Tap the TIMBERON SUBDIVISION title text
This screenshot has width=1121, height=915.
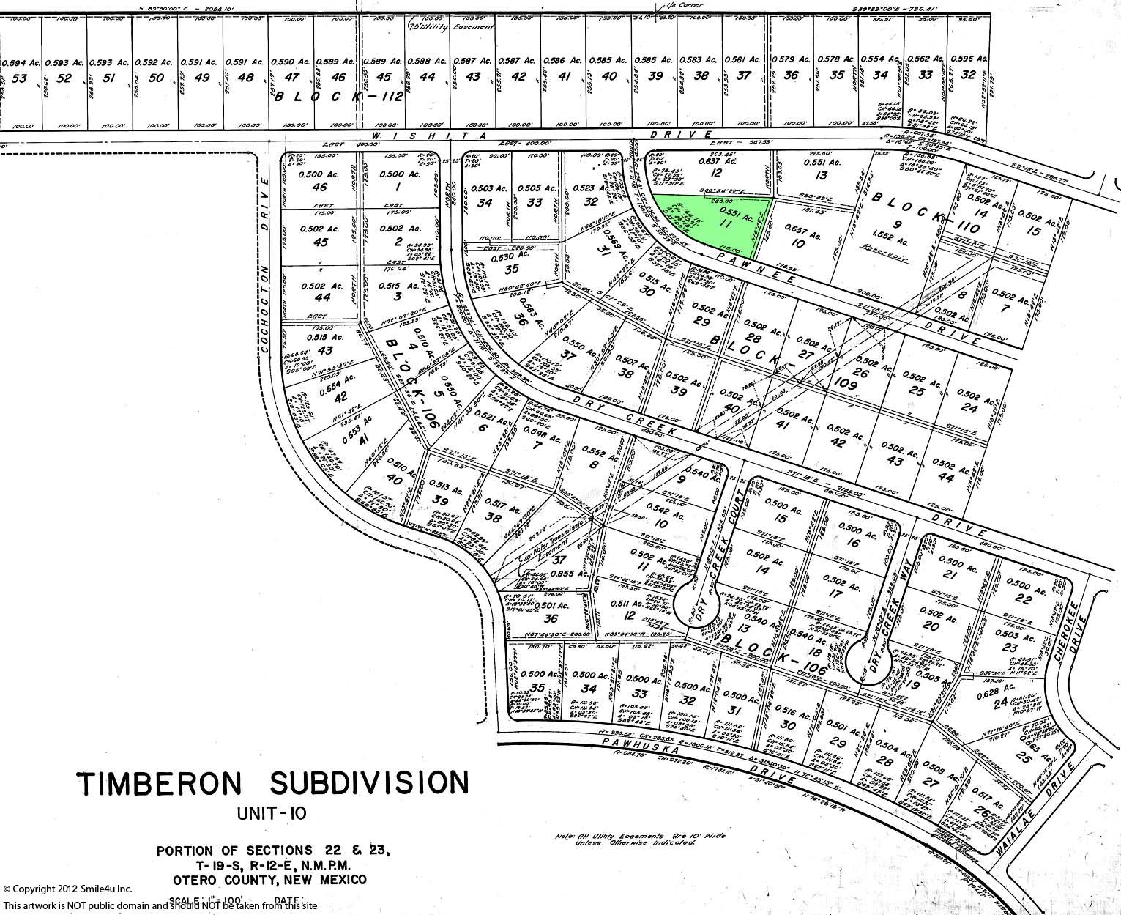coord(272,783)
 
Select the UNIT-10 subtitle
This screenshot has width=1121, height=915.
coord(272,813)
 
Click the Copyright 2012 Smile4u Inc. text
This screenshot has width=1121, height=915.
coord(67,889)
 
